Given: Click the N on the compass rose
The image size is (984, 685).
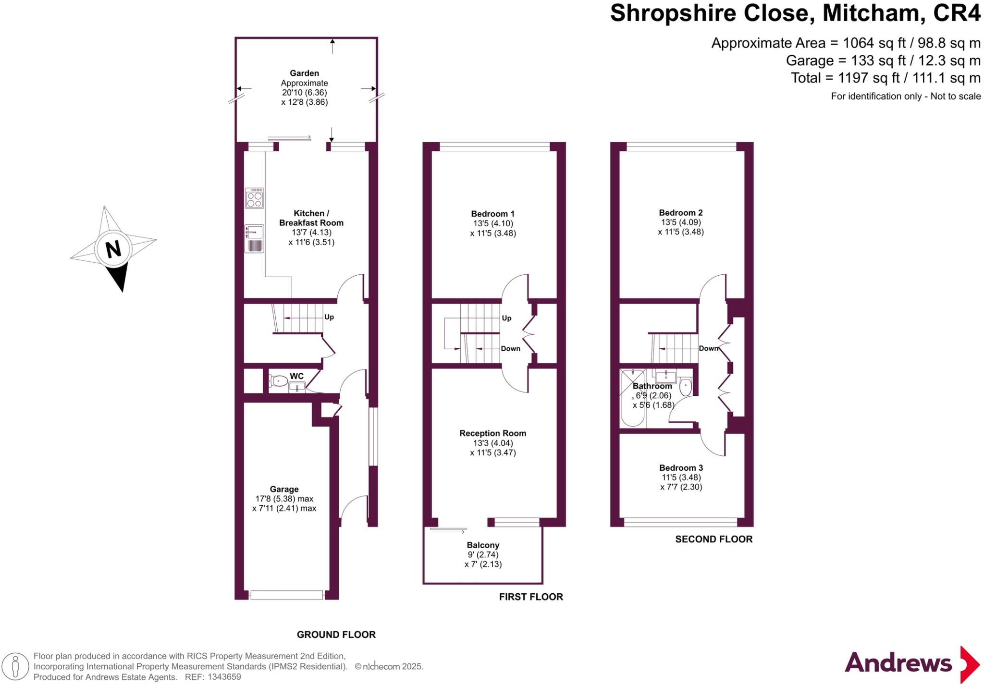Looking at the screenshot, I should pos(113,249).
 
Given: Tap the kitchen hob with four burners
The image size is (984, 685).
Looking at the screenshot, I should pos(254,198).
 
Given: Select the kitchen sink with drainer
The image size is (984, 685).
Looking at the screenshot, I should pos(254,239).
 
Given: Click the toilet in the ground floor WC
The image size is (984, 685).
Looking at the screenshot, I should pos(278,381).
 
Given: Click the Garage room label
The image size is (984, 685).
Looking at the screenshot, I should pos(284,489).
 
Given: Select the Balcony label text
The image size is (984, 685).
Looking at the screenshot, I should pos(483,545).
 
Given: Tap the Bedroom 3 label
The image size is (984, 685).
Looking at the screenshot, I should pos(681,467).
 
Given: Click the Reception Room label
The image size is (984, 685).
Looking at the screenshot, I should pos(492,433).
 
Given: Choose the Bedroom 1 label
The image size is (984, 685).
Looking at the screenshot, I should pos(492,214).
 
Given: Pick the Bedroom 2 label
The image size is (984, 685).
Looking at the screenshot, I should pos(680,212).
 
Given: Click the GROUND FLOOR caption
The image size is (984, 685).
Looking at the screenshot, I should pos(336,635).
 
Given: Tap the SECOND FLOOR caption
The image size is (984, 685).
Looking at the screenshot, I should pos(713,539).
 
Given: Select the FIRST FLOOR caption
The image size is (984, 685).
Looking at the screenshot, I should pos(530,597).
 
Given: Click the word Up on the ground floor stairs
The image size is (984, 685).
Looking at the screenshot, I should pos(329,317).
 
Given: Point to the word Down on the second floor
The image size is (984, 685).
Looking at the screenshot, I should pos(708,348).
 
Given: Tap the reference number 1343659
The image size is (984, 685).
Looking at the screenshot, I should pos(224,677).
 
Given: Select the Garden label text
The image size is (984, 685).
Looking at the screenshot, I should pos(304,73).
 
